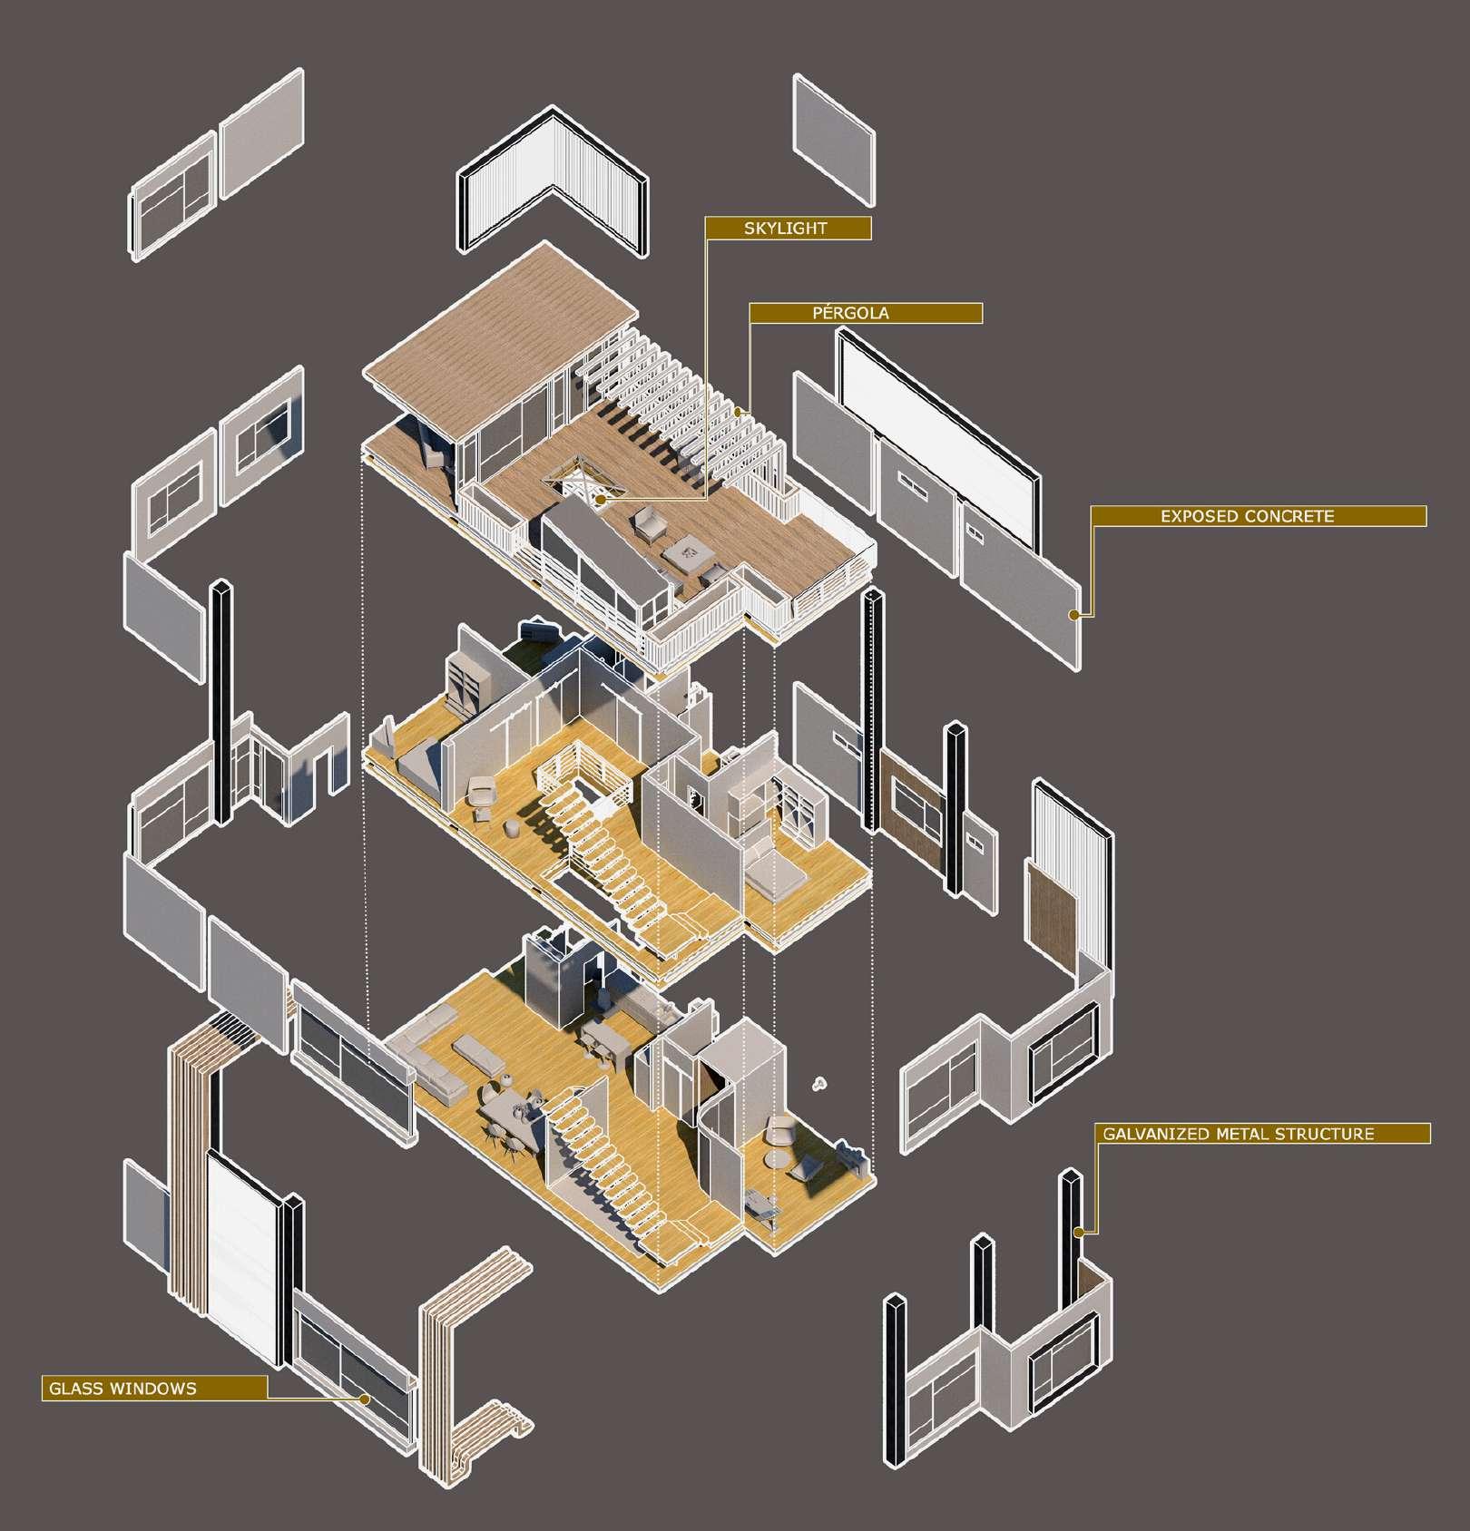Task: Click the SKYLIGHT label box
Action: (788, 229)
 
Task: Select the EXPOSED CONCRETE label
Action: (1247, 517)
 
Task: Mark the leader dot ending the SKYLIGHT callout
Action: (601, 499)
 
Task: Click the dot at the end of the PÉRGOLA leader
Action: (739, 412)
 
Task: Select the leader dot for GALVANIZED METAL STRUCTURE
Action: (1078, 1232)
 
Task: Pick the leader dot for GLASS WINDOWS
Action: (365, 1399)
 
